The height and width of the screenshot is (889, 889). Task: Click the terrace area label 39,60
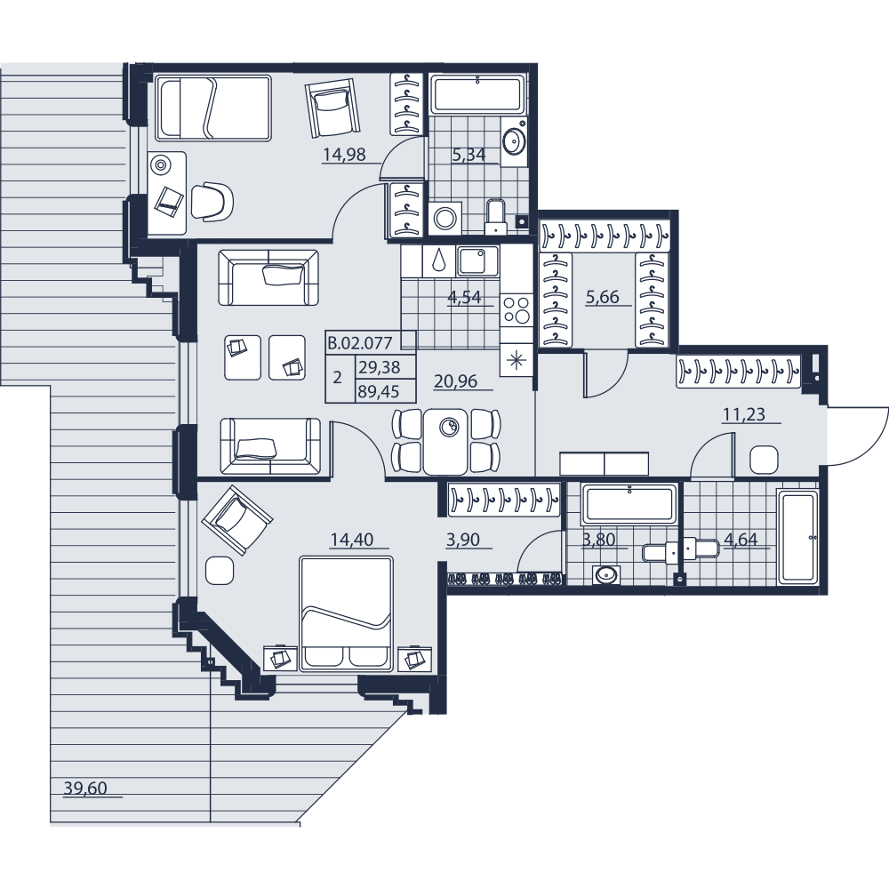85,788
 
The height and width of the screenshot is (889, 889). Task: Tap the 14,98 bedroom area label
344,154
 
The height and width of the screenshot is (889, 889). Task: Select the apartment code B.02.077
361,342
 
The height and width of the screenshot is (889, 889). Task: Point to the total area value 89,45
380,391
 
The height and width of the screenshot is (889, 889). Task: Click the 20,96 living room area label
455,381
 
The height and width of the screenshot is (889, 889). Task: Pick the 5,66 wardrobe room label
602,297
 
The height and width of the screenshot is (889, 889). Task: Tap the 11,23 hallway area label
744,414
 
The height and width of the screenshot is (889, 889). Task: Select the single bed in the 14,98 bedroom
213,108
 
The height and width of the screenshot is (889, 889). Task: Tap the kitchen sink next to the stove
477,260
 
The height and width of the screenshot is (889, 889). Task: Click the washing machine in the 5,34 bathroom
445,217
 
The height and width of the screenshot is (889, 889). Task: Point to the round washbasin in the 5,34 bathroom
515,139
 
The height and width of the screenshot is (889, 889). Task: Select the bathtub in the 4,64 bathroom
797,538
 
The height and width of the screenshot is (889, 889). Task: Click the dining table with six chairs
445,441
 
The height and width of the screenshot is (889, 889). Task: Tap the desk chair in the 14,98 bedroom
212,201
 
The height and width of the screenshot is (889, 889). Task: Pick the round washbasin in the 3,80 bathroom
605,575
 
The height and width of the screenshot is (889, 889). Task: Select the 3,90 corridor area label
462,540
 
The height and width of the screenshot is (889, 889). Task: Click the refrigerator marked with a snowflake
516,360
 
